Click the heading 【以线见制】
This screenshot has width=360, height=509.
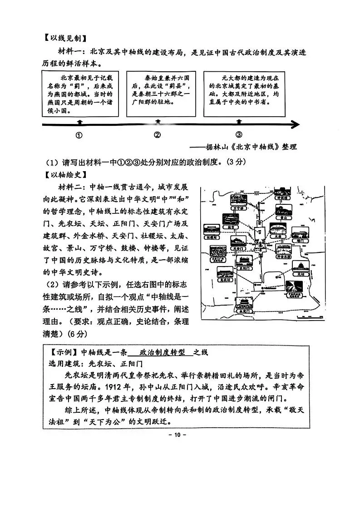[x=64, y=38]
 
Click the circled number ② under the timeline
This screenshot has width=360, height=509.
[x=158, y=135]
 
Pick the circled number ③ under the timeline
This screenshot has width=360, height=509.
[x=239, y=135]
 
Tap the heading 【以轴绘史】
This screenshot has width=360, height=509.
[x=64, y=174]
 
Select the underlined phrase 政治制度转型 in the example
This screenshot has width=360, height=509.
[x=161, y=352]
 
